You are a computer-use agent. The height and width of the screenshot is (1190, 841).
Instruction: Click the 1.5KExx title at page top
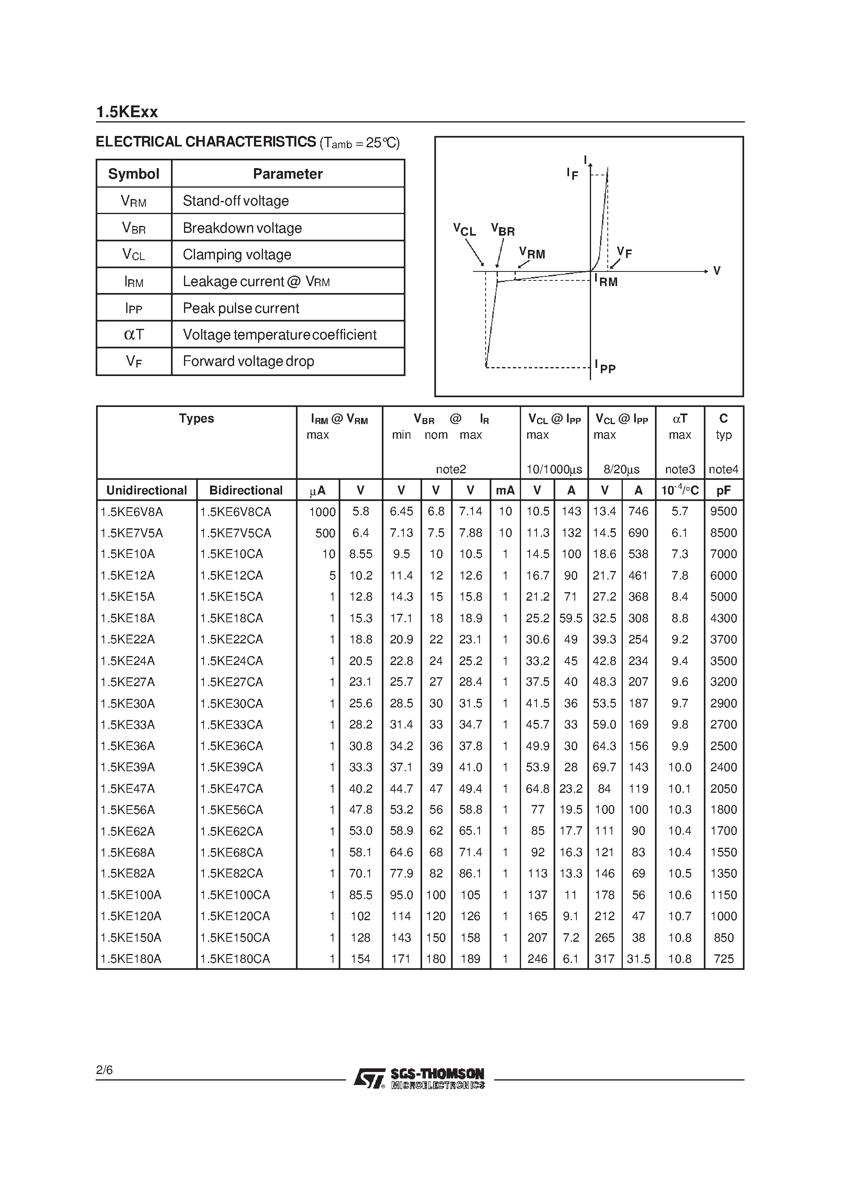click(127, 112)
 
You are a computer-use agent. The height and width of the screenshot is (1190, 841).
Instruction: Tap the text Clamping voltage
click(237, 254)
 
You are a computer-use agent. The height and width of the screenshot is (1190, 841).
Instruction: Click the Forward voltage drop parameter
click(248, 361)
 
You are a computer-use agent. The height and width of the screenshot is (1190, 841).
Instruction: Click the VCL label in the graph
click(464, 230)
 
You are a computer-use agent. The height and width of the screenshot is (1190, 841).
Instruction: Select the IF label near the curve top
click(572, 174)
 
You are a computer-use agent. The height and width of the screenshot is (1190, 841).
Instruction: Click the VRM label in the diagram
click(532, 253)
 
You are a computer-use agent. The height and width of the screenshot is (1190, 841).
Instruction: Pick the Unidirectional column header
click(146, 490)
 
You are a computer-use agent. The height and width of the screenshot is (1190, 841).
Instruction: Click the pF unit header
click(723, 490)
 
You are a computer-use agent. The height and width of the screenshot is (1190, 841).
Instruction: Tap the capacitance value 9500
click(723, 512)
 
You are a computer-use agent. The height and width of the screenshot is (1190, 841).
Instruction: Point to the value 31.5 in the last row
click(638, 959)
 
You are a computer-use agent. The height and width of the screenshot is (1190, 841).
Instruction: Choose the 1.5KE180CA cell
click(235, 959)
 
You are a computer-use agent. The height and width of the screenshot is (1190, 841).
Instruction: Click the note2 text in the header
click(451, 470)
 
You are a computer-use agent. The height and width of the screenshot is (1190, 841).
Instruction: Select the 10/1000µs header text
click(554, 470)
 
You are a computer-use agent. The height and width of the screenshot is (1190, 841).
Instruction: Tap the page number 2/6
click(104, 1070)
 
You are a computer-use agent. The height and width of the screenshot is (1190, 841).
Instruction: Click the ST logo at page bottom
click(369, 1078)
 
